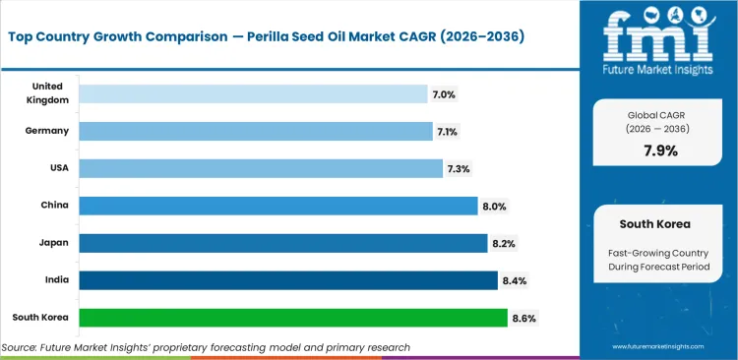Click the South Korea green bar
click(292, 318)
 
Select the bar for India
click(287, 280)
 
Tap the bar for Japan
click(282, 243)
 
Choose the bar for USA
click(260, 168)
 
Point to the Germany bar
click(255, 131)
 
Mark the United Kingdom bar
click(252, 93)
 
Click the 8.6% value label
click(524, 318)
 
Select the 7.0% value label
click(444, 93)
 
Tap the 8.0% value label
click(494, 206)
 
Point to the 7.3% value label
click(459, 168)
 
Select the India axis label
click(57, 280)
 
